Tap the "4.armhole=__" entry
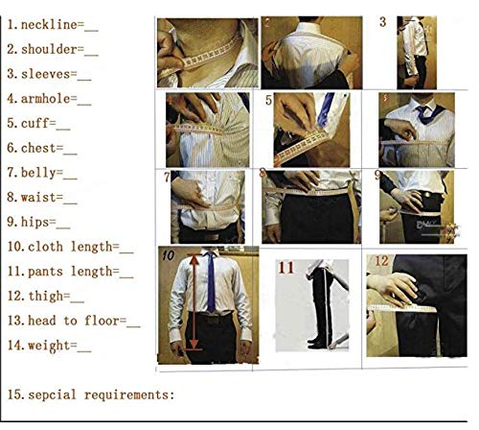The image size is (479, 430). pos(50,97)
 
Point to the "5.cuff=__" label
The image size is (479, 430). pos(39,122)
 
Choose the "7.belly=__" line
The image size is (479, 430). pos(43,173)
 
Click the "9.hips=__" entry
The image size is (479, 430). pos(39,223)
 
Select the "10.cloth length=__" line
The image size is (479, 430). pos(70,248)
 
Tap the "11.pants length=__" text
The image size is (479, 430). pos(70,273)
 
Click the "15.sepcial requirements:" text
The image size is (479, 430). pos(91,394)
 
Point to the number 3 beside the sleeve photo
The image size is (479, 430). pos(383,21)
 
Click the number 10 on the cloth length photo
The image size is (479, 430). pos(168,256)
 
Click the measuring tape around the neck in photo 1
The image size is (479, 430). pos(206,54)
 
